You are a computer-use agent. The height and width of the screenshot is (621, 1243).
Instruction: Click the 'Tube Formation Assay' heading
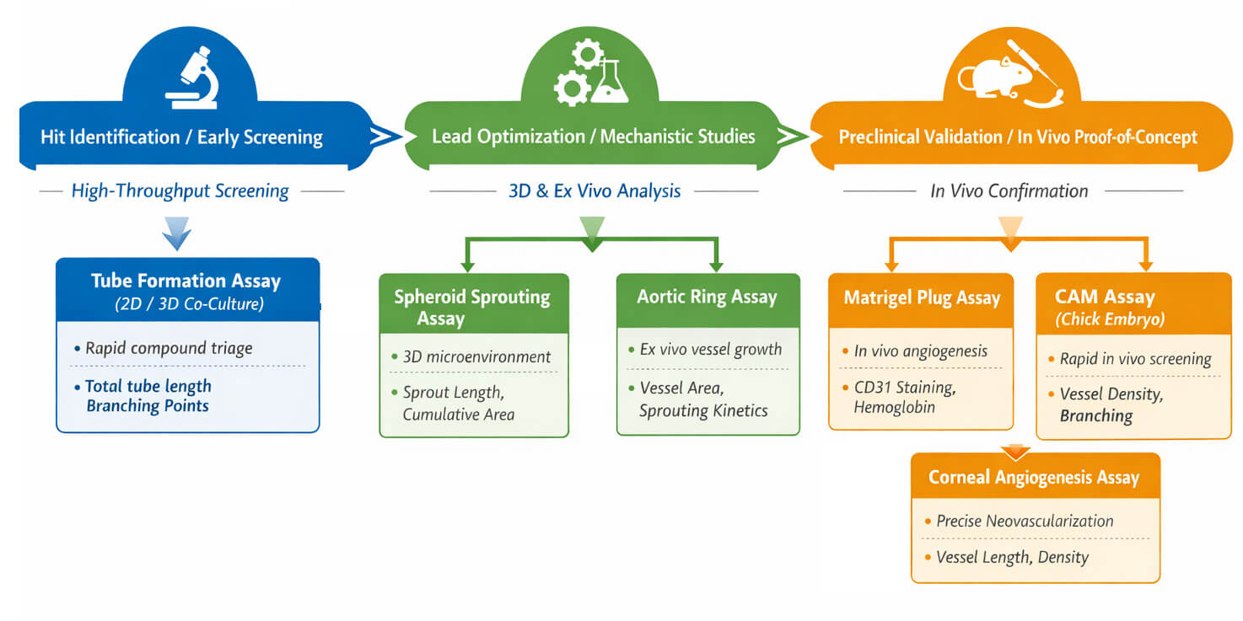(x=186, y=281)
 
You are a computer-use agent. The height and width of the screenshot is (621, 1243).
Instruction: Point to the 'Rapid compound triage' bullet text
(x=169, y=348)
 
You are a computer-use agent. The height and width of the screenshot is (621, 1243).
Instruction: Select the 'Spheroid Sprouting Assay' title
(x=471, y=307)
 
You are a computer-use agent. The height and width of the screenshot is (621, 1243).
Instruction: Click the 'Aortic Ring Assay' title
(x=707, y=297)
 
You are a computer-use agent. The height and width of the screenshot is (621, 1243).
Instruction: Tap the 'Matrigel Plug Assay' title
(x=922, y=297)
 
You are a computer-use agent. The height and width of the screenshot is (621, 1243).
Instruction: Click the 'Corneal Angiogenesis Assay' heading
(x=1034, y=478)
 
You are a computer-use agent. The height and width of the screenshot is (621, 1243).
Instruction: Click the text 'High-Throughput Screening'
(x=180, y=191)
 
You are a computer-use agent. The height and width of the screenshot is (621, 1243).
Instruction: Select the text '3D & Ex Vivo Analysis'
(x=594, y=191)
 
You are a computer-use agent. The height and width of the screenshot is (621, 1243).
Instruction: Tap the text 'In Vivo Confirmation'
(x=1009, y=191)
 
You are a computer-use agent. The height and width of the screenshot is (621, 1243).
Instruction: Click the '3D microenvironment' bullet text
(x=476, y=356)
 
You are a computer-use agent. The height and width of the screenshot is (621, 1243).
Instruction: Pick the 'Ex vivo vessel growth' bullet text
(x=711, y=349)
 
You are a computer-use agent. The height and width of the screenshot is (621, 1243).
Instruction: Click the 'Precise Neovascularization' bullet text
(x=1025, y=521)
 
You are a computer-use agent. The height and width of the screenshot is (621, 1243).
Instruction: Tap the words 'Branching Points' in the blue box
(x=148, y=405)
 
